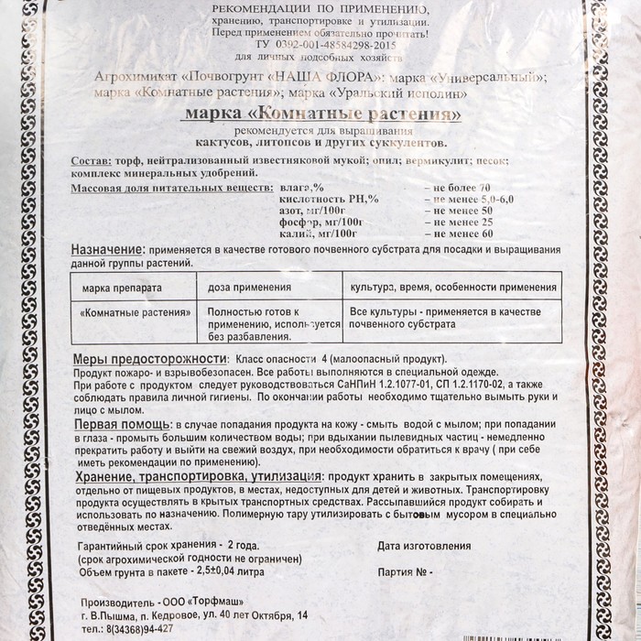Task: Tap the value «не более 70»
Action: tap(457, 187)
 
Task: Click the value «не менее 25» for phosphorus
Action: tap(457, 223)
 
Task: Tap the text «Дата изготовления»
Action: tap(424, 547)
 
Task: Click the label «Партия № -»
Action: tap(403, 575)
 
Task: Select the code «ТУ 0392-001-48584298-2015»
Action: tap(320, 43)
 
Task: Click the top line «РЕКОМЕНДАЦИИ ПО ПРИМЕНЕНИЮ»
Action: tap(320, 7)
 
